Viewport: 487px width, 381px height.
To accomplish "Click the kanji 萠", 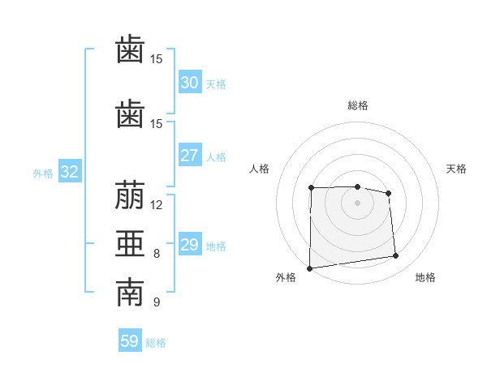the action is (130, 195).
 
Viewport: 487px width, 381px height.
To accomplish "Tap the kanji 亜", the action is (130, 243).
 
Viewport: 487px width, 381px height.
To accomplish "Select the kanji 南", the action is (130, 292).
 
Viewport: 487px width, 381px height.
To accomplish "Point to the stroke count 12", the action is (156, 205).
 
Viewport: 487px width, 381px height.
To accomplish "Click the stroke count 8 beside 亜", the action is (157, 254).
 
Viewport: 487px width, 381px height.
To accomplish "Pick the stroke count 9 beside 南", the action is (157, 302).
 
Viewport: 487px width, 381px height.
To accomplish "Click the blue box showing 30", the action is (190, 82).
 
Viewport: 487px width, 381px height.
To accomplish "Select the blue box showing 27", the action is (190, 155).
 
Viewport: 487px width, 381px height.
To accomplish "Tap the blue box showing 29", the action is (190, 243).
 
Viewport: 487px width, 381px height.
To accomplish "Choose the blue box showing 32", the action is (70, 171).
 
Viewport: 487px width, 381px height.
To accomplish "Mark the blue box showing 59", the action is (130, 340).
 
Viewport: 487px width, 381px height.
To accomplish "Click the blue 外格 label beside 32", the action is (43, 173).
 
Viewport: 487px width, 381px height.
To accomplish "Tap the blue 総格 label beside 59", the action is (156, 343).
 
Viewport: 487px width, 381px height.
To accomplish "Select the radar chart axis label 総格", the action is (358, 105).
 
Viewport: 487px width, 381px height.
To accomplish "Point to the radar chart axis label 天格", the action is (456, 169).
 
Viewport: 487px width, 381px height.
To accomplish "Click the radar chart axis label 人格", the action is (259, 169).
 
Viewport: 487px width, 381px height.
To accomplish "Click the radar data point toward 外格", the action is (309, 268).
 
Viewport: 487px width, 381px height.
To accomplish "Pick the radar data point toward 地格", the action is (396, 255).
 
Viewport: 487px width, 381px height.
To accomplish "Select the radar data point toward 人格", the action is (311, 188).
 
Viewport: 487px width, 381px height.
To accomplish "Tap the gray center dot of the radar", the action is (357, 203).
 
